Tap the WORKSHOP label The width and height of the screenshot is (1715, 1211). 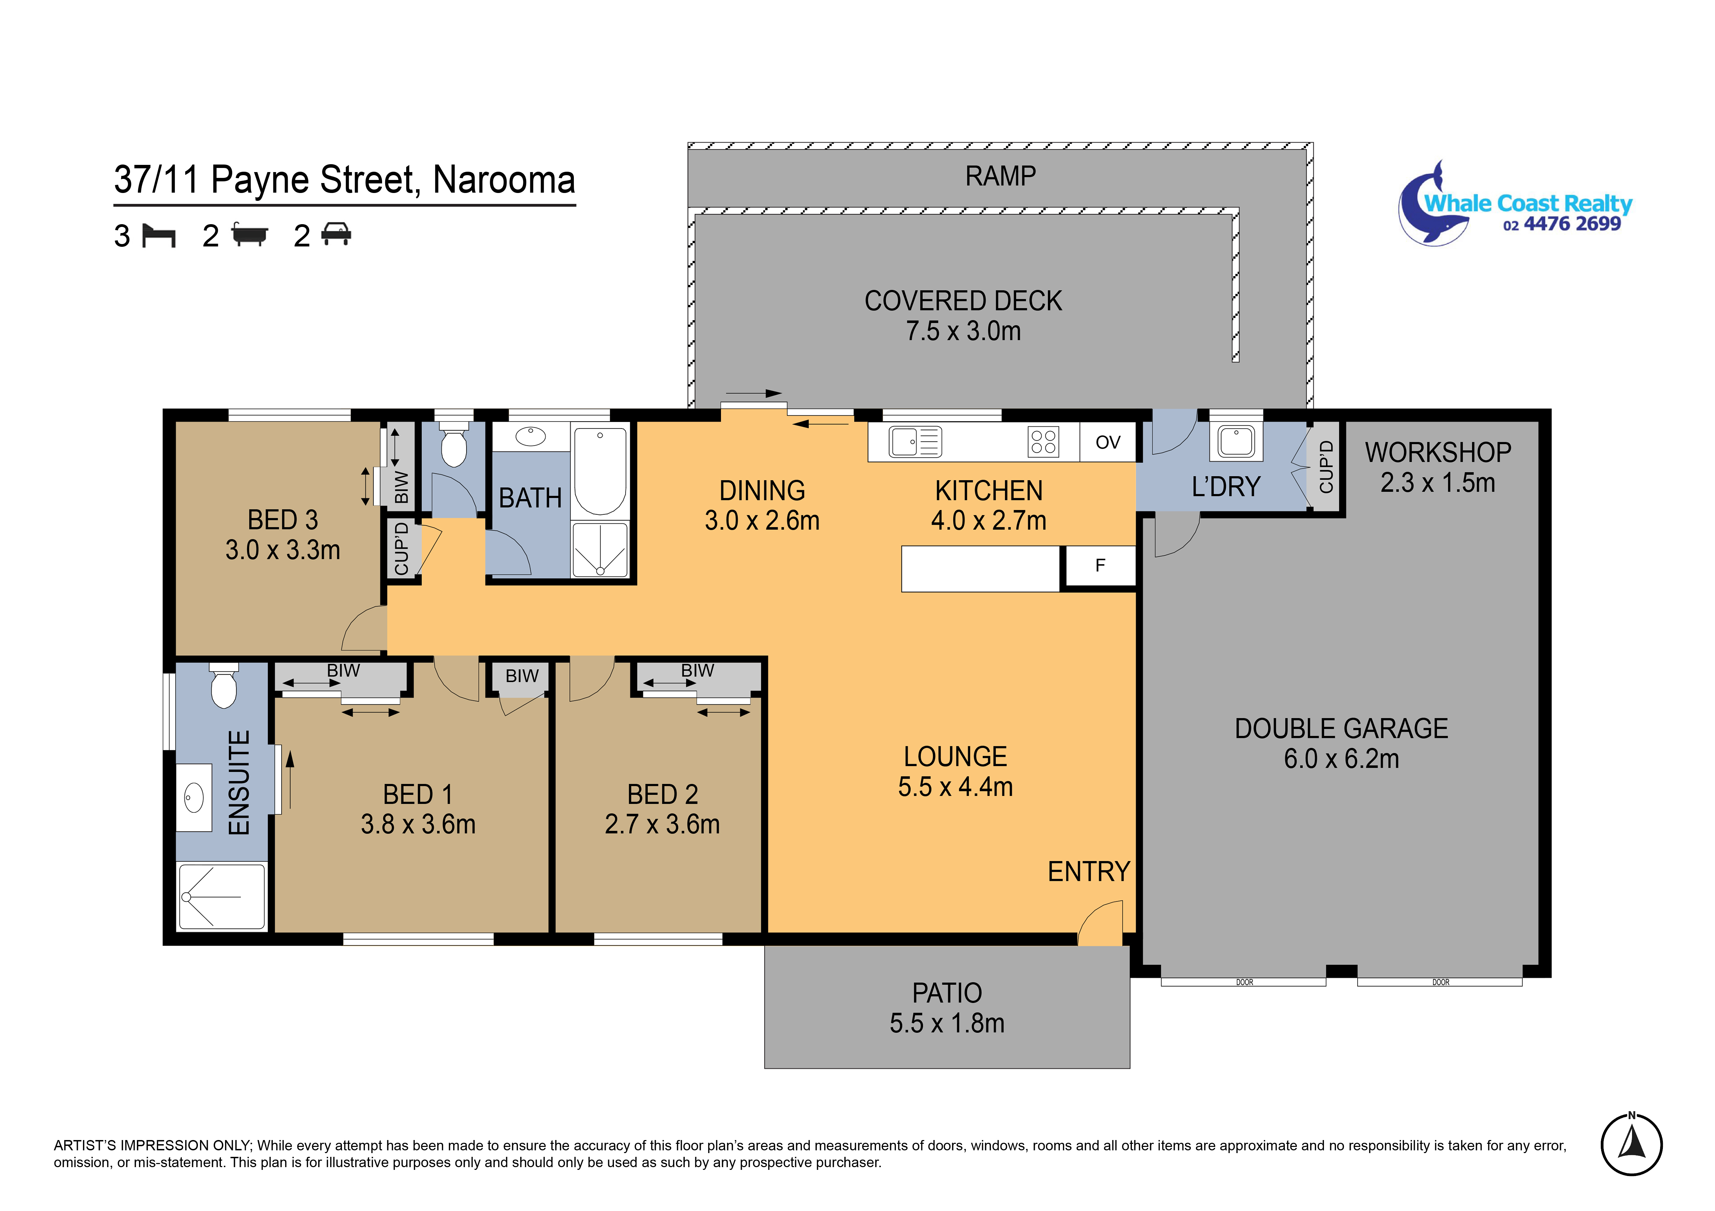(x=1438, y=452)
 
